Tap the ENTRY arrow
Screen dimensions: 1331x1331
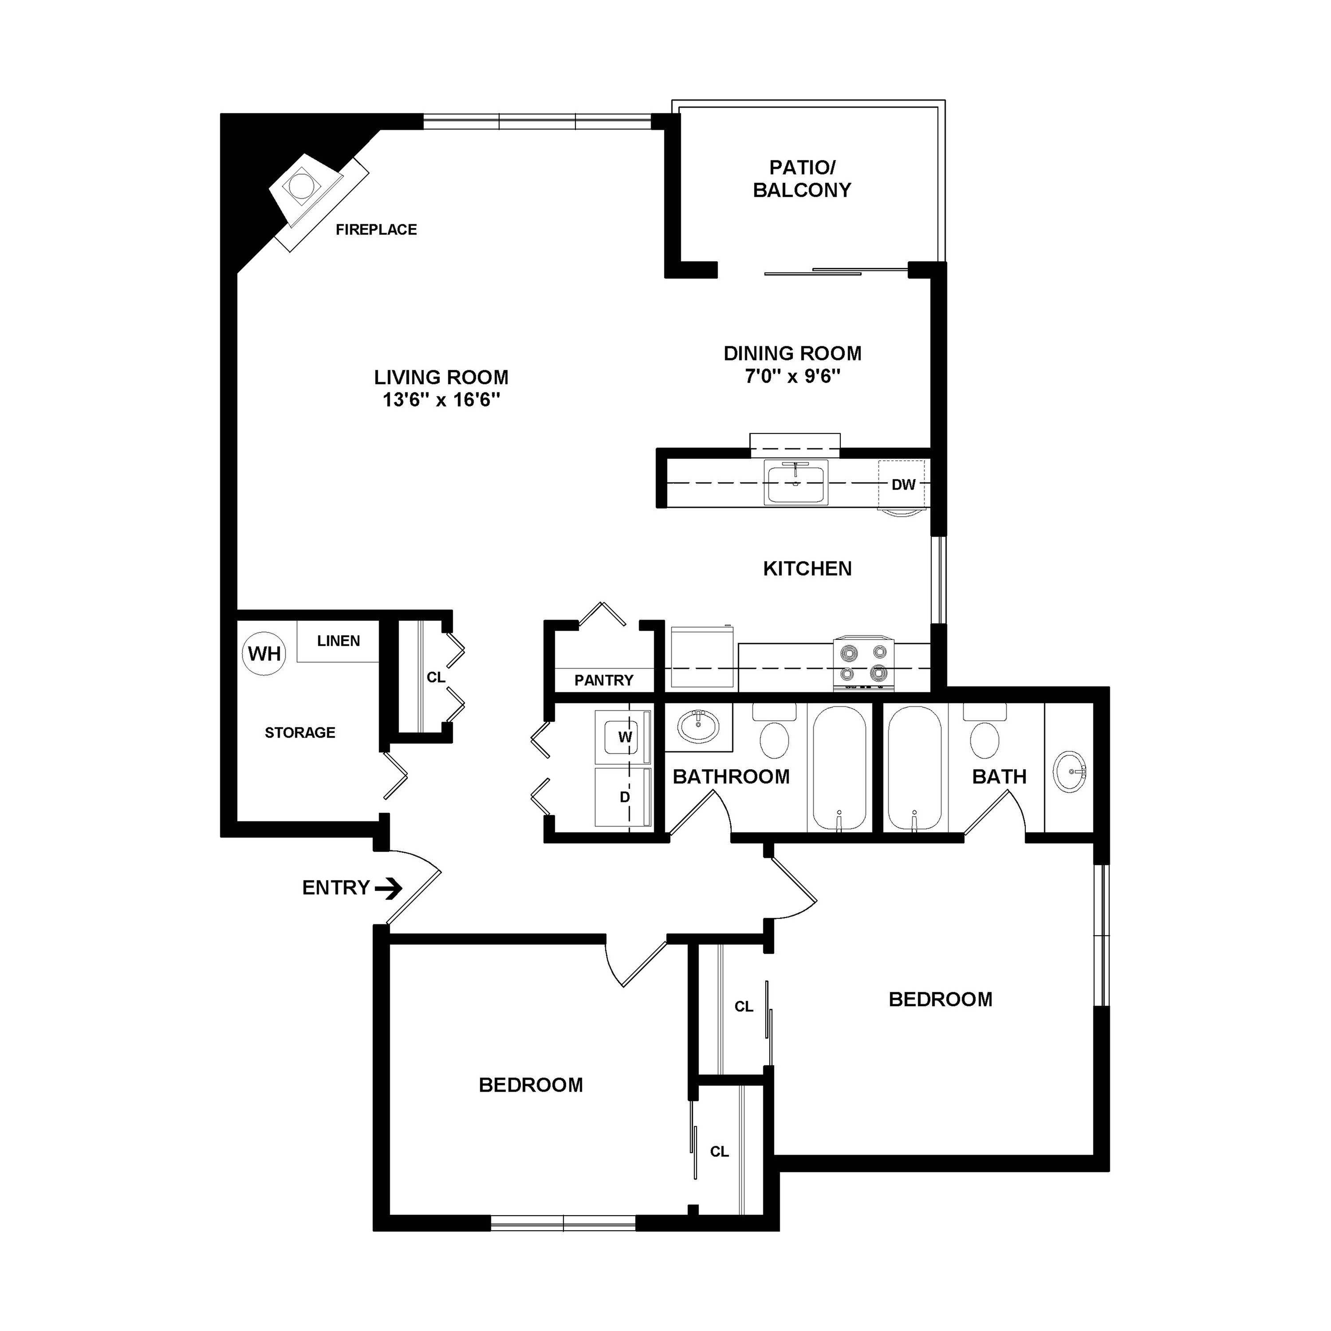click(389, 888)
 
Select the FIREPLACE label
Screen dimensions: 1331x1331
click(376, 229)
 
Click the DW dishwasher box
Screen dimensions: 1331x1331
click(902, 484)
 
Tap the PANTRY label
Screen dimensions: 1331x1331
click(603, 681)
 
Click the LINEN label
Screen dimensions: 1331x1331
click(338, 641)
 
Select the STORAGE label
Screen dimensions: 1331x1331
click(299, 732)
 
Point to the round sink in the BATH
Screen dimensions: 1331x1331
click(1069, 771)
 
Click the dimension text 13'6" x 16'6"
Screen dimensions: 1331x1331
click(441, 400)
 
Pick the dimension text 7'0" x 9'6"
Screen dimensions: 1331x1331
click(792, 376)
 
